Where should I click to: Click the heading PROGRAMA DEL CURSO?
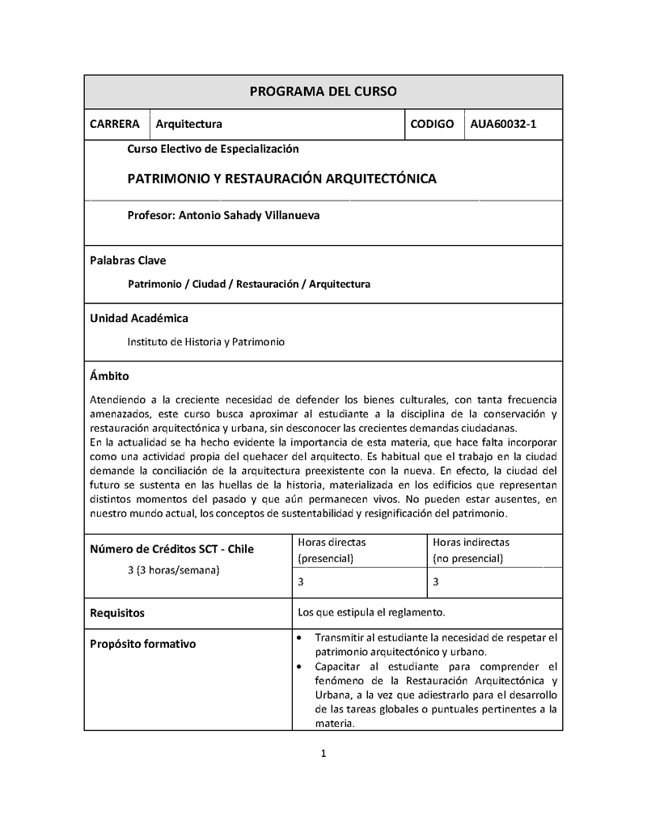point(323,91)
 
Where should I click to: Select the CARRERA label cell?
point(115,124)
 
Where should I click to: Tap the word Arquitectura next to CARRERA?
point(188,124)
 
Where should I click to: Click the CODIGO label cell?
point(432,124)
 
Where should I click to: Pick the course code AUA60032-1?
point(503,124)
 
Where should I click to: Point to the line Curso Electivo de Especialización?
point(213,149)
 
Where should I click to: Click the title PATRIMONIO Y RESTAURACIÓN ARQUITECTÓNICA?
point(281,179)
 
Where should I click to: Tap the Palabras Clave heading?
point(128,260)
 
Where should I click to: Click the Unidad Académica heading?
point(138,318)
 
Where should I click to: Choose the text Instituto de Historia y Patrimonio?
point(206,342)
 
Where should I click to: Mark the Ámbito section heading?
point(109,376)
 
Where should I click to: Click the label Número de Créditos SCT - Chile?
point(171,549)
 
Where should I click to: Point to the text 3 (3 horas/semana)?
point(174,570)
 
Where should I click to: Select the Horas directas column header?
point(332,550)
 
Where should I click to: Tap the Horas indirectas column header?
point(471,550)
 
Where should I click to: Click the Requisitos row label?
point(117,612)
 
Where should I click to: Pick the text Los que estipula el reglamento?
point(371,611)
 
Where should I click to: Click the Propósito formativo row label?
point(142,645)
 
